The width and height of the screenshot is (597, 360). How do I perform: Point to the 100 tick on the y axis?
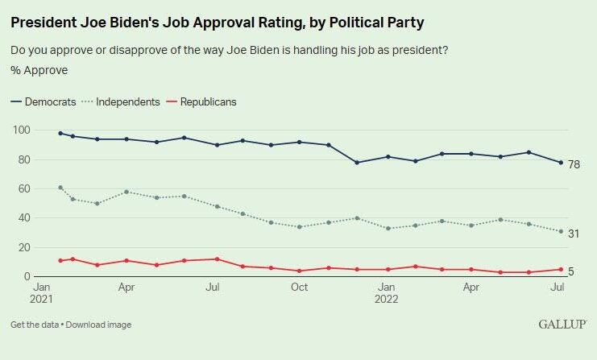(22, 130)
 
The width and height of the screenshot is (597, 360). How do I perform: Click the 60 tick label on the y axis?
(24, 188)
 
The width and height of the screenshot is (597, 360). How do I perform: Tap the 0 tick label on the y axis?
(27, 277)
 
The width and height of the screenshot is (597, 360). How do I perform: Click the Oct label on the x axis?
(299, 286)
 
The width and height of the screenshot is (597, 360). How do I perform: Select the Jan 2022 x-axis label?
(387, 292)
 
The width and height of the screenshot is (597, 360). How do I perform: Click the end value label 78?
(574, 164)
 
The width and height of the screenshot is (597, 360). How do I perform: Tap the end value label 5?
(571, 271)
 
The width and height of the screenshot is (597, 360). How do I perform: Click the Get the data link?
(35, 325)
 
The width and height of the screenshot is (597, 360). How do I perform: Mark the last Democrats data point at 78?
(560, 163)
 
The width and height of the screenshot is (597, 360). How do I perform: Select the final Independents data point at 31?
(560, 231)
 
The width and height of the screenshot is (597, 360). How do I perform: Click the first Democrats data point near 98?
(60, 133)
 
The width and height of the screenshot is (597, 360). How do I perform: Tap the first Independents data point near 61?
(60, 187)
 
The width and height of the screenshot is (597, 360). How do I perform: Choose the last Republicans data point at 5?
(560, 270)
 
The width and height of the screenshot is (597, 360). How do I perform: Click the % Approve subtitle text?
(39, 70)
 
